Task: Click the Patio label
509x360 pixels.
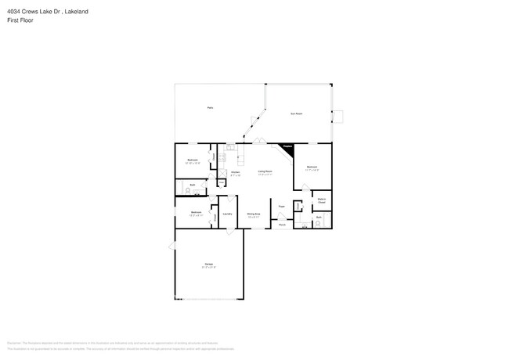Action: pyautogui.click(x=210, y=107)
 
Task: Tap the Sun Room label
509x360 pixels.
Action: pyautogui.click(x=297, y=113)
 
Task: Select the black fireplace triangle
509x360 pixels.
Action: pyautogui.click(x=287, y=147)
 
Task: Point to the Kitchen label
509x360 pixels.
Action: pyautogui.click(x=235, y=173)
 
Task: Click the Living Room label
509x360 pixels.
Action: pyautogui.click(x=265, y=172)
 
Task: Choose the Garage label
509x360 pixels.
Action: pyautogui.click(x=209, y=265)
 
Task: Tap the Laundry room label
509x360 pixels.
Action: pyautogui.click(x=227, y=213)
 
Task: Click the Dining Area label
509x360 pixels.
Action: pyautogui.click(x=254, y=213)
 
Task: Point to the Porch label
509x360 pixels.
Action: pyautogui.click(x=282, y=225)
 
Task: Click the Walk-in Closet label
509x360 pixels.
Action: pyautogui.click(x=321, y=201)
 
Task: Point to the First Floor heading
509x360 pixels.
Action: pyautogui.click(x=20, y=20)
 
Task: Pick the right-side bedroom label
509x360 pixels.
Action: pyautogui.click(x=312, y=167)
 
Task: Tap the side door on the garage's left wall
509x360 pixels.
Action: pyautogui.click(x=171, y=247)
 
